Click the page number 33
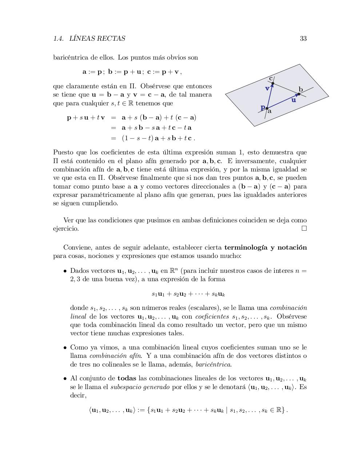coord(303,39)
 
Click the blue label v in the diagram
coord(267,88)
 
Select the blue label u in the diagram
coord(294,100)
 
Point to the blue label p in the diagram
coord(263,107)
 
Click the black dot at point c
coord(273,84)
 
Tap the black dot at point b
coord(299,94)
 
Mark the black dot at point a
coord(267,108)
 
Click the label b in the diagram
coord(301,89)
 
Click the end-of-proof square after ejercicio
coord(304,229)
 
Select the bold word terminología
coord(245,247)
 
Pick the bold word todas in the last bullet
coord(127,378)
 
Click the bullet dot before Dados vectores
coord(65,271)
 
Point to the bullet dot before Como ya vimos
coord(65,348)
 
